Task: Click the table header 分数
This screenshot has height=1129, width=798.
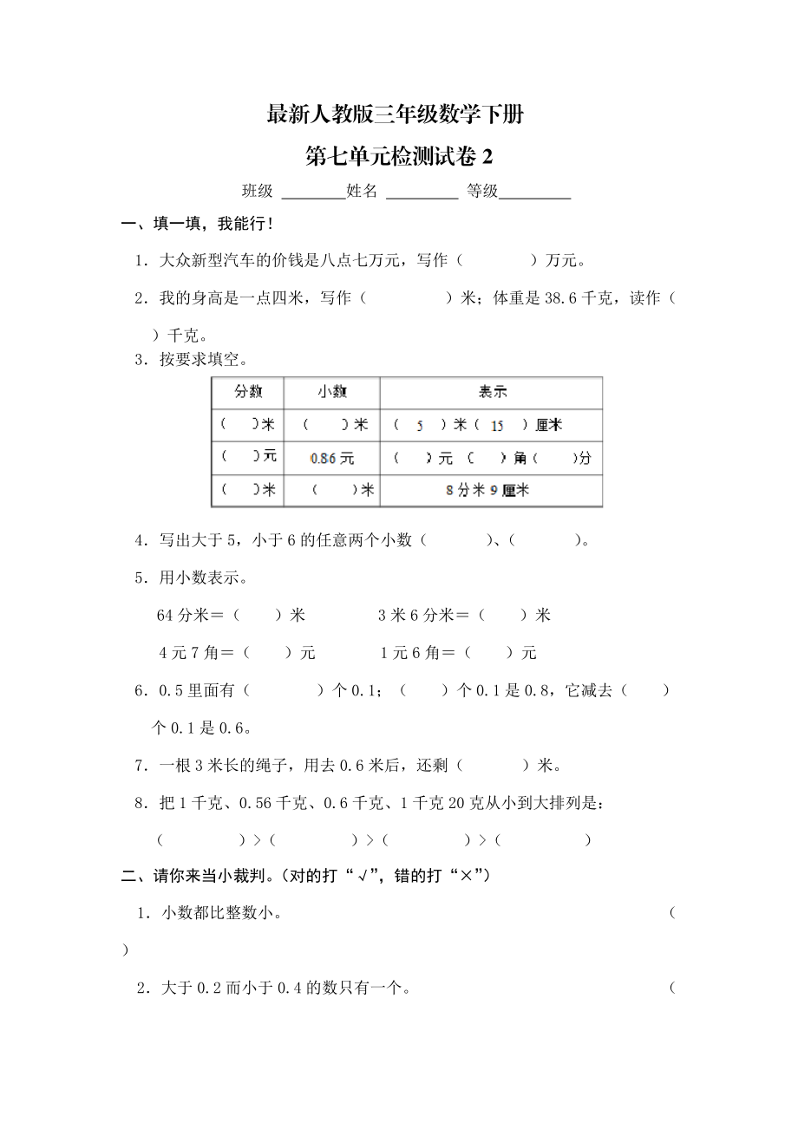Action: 248,392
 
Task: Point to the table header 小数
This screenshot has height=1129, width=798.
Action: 332,392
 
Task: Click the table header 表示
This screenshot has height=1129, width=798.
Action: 492,392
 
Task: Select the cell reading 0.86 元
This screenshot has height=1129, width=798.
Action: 332,458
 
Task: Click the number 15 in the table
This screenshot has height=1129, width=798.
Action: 497,426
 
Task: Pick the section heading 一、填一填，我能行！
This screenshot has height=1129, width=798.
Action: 198,225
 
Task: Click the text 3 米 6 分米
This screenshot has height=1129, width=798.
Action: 415,616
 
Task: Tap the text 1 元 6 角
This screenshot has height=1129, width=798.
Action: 411,653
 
